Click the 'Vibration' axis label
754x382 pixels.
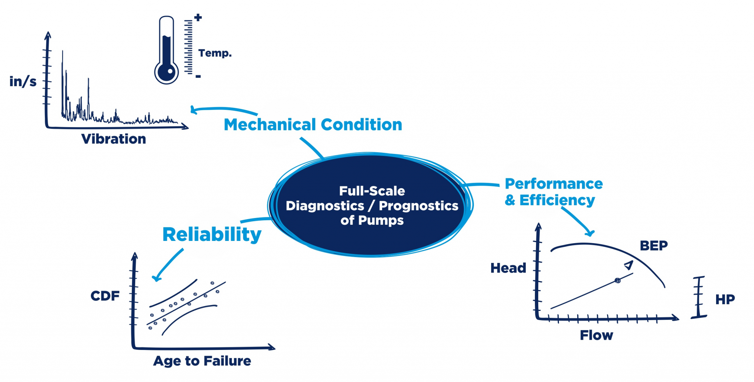point(113,139)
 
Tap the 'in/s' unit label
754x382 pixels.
point(23,81)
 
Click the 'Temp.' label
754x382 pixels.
point(215,53)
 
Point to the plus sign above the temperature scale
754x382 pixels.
point(198,17)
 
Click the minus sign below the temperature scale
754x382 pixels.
point(198,77)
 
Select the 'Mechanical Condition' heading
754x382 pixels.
point(313,125)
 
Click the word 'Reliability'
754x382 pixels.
point(212,234)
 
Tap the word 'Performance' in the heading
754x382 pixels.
point(554,183)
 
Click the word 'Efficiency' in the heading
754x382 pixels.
point(557,200)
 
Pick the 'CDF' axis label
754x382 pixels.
point(105,296)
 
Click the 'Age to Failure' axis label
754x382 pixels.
point(202,361)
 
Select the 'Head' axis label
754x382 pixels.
point(508,268)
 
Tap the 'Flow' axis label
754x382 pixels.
point(596,335)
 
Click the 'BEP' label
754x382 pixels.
point(653,246)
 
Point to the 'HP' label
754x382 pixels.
point(725,299)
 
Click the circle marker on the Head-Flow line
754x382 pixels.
point(618,281)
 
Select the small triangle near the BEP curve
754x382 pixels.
point(628,265)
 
